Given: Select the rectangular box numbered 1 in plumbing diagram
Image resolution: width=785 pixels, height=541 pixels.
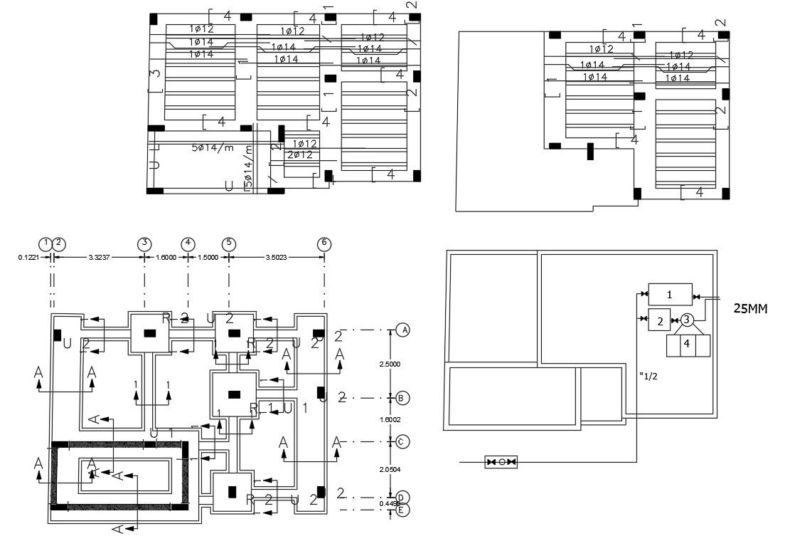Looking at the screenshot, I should click(669, 293).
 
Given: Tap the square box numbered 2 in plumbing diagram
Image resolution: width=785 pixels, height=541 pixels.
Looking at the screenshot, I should click(660, 321).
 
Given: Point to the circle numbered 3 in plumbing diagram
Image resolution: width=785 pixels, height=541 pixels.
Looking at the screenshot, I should click(687, 320).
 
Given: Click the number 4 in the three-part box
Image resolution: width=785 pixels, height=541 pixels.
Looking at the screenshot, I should click(686, 344).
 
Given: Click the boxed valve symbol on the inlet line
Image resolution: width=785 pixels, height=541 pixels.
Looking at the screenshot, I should click(501, 462).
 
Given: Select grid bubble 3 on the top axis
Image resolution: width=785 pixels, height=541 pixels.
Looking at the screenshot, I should click(144, 243).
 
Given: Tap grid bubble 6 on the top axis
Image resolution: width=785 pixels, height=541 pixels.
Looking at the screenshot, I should click(324, 243).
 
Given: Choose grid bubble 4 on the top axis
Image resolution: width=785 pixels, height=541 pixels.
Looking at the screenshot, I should click(188, 243).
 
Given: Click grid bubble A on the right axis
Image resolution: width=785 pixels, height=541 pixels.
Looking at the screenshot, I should click(404, 330).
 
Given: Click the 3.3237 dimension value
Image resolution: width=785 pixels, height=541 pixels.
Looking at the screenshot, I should click(99, 258).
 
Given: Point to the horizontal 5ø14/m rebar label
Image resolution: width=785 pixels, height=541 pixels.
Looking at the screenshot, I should click(212, 148).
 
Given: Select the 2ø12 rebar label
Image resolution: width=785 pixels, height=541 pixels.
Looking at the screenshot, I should click(301, 154).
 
